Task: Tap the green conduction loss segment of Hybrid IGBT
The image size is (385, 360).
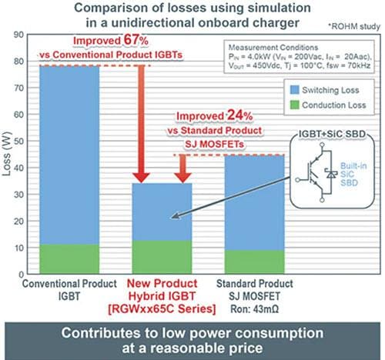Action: [161, 258]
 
